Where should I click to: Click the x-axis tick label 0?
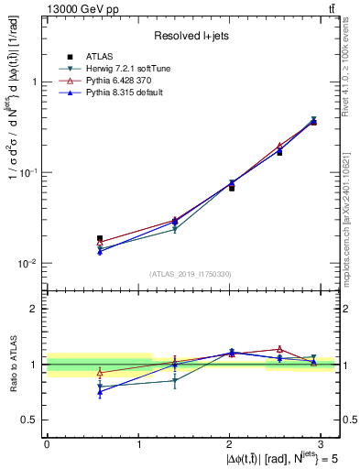[47, 443]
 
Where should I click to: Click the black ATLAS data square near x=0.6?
[100, 238]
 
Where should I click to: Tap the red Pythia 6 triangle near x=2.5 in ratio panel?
[279, 349]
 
